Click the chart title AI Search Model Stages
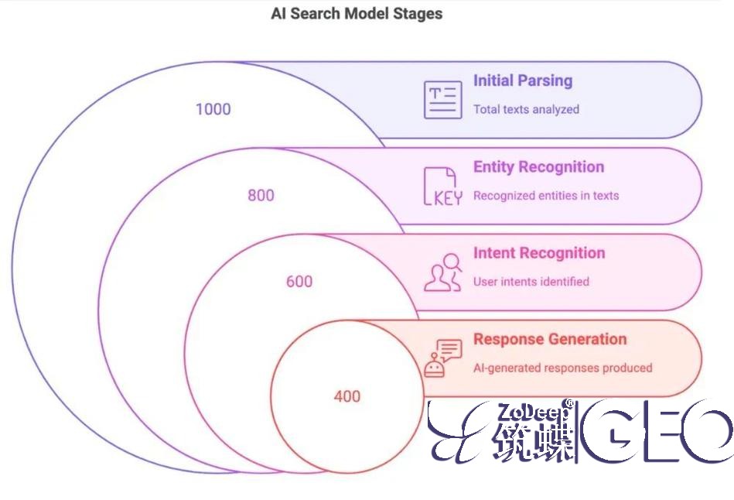[x=357, y=14]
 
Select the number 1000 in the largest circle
[x=213, y=109]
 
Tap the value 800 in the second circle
[x=261, y=195]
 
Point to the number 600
[x=299, y=282]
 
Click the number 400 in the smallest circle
[x=347, y=396]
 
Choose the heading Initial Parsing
[x=523, y=80]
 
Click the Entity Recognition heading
[x=538, y=167]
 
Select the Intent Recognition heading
[x=539, y=253]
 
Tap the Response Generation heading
[x=550, y=339]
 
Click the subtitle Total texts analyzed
[x=526, y=109]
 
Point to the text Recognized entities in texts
[x=546, y=196]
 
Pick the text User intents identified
[x=531, y=282]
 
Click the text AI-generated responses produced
[x=562, y=368]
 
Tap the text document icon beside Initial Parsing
[x=442, y=100]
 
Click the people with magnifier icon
[x=443, y=272]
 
